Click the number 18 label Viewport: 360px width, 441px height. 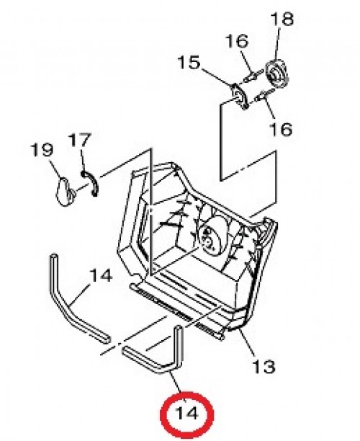tap(282, 19)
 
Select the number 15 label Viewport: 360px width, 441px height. tap(189, 63)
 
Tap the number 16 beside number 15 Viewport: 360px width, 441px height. tap(237, 41)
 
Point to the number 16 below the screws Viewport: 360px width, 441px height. tap(281, 129)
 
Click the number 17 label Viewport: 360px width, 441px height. tap(81, 140)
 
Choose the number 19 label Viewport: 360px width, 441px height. tap(42, 150)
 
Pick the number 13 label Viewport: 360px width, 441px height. tap(264, 367)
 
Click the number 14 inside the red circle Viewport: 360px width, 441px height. tap(186, 413)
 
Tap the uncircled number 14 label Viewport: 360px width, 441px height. tap(101, 275)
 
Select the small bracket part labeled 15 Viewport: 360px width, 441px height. tap(239, 96)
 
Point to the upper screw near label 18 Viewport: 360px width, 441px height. tap(253, 76)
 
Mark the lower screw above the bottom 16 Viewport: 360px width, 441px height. tap(261, 97)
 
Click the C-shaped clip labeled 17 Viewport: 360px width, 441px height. tap(91, 183)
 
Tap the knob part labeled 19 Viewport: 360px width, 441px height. tap(66, 192)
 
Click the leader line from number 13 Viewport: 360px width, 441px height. tap(247, 344)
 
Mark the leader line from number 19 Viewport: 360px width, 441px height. tap(55, 169)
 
